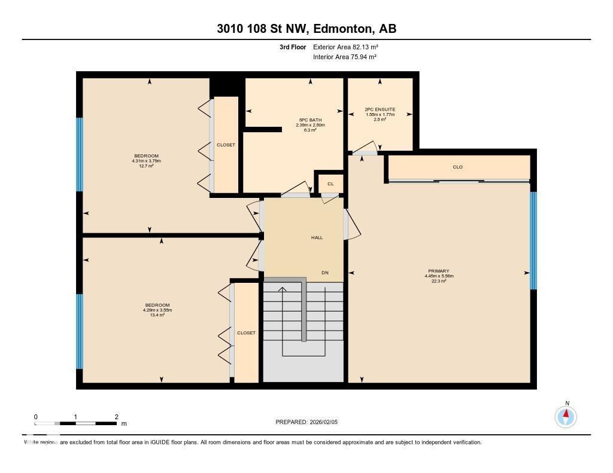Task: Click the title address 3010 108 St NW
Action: click(x=306, y=28)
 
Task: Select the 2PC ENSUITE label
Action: click(x=380, y=109)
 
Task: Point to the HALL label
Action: click(x=317, y=237)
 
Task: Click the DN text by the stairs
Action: click(x=325, y=273)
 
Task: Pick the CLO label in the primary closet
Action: click(x=458, y=167)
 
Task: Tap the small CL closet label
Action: click(x=330, y=184)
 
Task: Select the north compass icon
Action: click(x=566, y=416)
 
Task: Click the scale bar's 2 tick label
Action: click(x=116, y=417)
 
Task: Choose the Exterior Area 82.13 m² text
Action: click(x=345, y=47)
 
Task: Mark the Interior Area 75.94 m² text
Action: click(x=344, y=57)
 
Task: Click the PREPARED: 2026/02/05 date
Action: click(x=311, y=422)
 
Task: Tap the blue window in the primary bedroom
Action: click(x=533, y=240)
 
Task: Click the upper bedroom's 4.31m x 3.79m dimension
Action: click(x=147, y=161)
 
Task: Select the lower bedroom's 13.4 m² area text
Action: click(x=156, y=315)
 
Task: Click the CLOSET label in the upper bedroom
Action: click(x=226, y=145)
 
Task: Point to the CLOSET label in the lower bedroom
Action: click(x=246, y=332)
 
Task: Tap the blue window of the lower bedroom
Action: click(x=80, y=331)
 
